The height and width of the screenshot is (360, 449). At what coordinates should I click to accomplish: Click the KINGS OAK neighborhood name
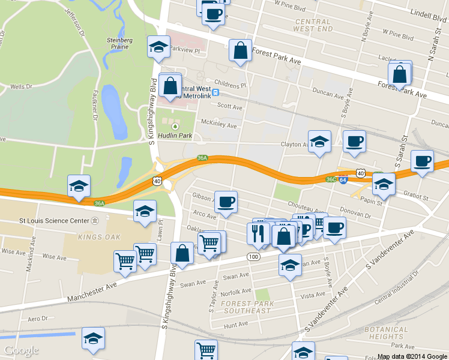[x=95, y=237]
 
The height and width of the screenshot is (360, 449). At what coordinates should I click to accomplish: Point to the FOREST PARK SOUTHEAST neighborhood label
[x=246, y=307]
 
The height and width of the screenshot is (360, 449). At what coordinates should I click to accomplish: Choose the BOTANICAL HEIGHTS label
[x=386, y=333]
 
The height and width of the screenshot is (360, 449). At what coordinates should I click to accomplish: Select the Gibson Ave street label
[x=202, y=197]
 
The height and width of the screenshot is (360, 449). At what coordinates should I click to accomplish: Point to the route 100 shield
[x=253, y=256]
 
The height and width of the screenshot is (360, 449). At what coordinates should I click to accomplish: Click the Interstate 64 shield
[x=342, y=180]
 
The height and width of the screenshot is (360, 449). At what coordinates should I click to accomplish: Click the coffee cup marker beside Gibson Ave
[x=226, y=202]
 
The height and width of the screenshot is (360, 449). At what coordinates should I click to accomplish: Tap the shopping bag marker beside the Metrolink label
[x=170, y=85]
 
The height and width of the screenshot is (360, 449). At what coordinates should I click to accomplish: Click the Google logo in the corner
[x=21, y=350]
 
